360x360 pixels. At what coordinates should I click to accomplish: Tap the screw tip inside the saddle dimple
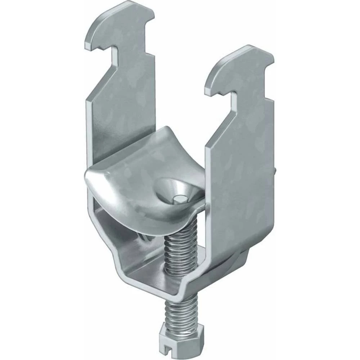179,197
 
